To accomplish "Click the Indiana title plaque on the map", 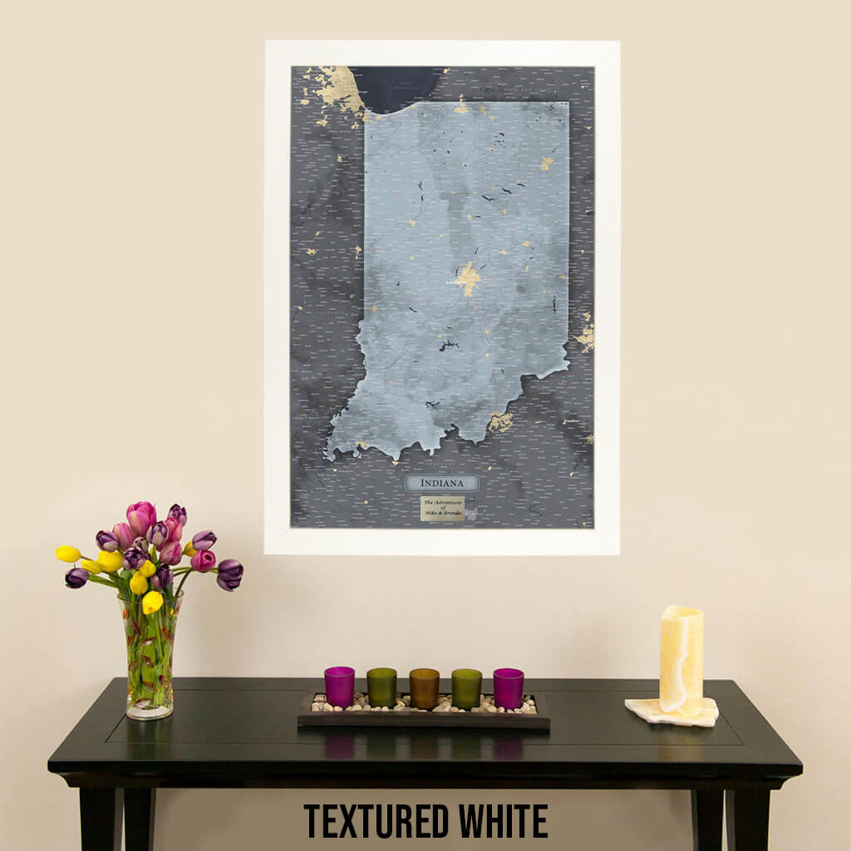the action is tap(441, 483).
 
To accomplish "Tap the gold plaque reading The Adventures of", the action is tap(442, 508).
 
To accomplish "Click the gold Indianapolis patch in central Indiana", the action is tap(468, 278).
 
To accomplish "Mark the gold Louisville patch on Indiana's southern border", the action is tap(500, 421).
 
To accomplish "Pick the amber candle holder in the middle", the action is tap(424, 688).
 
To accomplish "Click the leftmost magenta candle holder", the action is tap(339, 686).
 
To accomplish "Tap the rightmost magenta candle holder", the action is tap(508, 687).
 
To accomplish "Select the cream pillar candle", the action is tap(681, 660).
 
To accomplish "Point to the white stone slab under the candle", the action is tap(671, 712).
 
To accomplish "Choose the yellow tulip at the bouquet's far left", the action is tap(67, 553).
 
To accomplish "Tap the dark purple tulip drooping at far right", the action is tap(229, 573).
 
